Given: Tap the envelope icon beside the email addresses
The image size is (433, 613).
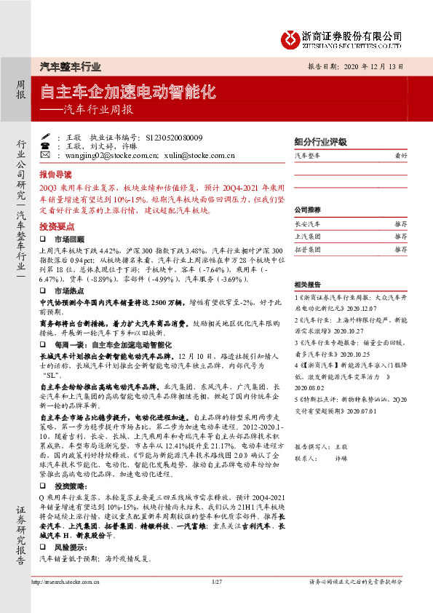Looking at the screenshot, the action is point(46,155).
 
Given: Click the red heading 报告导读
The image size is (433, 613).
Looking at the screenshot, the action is point(55,175).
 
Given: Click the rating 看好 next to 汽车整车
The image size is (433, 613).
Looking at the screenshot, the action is point(401,156).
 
